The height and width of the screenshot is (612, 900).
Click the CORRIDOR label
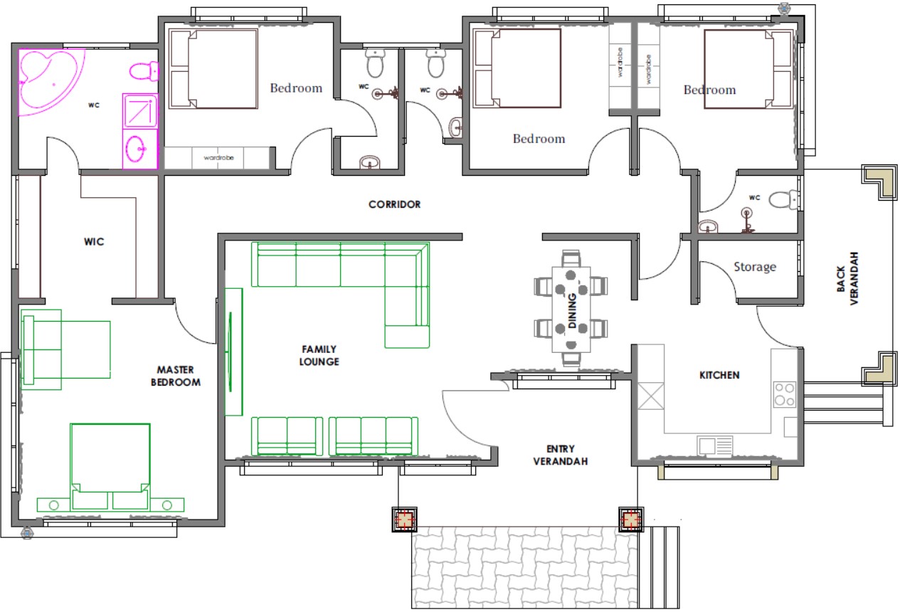coord(394,204)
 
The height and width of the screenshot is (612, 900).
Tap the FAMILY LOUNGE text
coord(319,355)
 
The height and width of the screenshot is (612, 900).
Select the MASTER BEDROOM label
coord(176,376)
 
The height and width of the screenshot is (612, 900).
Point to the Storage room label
coord(755,266)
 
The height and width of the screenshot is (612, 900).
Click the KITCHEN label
coord(719,375)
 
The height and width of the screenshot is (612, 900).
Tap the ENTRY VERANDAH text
coord(561,455)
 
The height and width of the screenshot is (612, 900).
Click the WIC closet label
coord(94,241)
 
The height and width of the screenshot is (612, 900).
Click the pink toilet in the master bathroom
coord(144,71)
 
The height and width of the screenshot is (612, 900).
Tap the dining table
coord(571,309)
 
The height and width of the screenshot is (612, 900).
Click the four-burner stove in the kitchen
coord(784,394)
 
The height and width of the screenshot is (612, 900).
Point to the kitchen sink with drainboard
coord(714,445)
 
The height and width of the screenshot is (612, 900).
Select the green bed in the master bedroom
coord(110,468)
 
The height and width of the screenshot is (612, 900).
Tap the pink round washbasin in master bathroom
coord(135,149)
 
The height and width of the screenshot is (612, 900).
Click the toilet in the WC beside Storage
coord(783,199)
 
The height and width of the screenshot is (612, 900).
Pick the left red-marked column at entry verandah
coord(404,519)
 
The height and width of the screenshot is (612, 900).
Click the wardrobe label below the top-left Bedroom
coord(218,157)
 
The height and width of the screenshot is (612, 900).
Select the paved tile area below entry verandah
coord(524,567)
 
